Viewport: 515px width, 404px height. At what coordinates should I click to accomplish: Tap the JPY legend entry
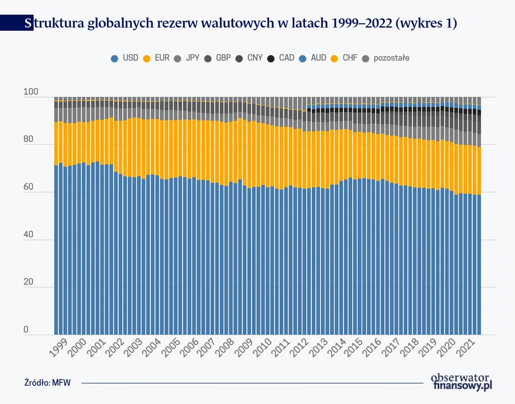187,58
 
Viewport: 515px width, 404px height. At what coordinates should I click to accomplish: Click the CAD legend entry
281,58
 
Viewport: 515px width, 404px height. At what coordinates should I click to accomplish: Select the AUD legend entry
313,58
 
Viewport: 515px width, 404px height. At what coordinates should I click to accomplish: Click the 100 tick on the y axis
31,92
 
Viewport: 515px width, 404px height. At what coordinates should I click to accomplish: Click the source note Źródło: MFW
47,382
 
